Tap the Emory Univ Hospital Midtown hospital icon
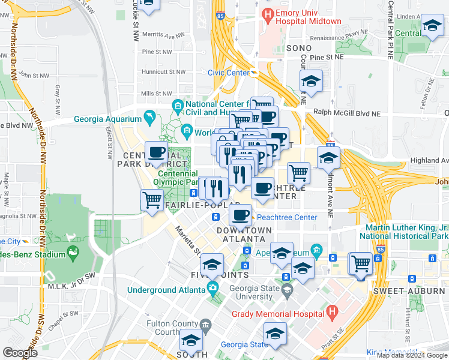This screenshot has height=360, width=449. (x=267, y=13)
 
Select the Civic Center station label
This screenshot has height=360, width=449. (x=228, y=73)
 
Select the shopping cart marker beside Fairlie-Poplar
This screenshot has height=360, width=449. (x=152, y=199)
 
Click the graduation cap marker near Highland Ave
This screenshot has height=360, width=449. (x=328, y=157)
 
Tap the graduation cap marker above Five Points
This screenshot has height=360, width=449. (x=212, y=264)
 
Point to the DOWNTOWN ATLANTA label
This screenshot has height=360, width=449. (x=244, y=235)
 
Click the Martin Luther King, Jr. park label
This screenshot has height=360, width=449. (x=408, y=232)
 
